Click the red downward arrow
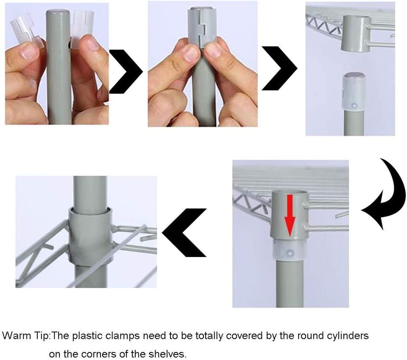290,215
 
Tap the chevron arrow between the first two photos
125,71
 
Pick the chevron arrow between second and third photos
279,68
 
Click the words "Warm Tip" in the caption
25,336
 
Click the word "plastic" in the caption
87,336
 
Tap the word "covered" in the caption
244,336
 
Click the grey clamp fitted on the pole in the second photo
202,27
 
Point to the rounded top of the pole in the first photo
57,12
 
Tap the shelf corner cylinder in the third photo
356,33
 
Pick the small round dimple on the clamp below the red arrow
290,253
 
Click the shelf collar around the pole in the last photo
91,236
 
